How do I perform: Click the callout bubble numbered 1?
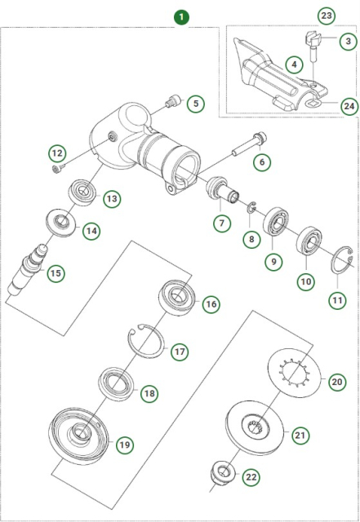[180, 15]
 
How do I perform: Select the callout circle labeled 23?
[327, 15]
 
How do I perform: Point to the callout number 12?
[56, 153]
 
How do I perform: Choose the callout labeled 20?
[337, 380]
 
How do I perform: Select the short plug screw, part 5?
[171, 101]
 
